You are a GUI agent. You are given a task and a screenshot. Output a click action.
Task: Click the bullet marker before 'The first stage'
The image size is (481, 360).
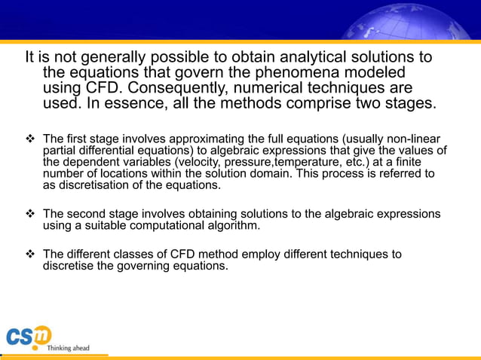tap(31, 139)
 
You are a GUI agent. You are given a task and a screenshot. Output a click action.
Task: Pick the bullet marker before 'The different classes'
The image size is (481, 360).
tap(31, 255)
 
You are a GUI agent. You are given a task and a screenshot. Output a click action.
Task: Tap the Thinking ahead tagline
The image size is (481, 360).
tap(68, 348)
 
